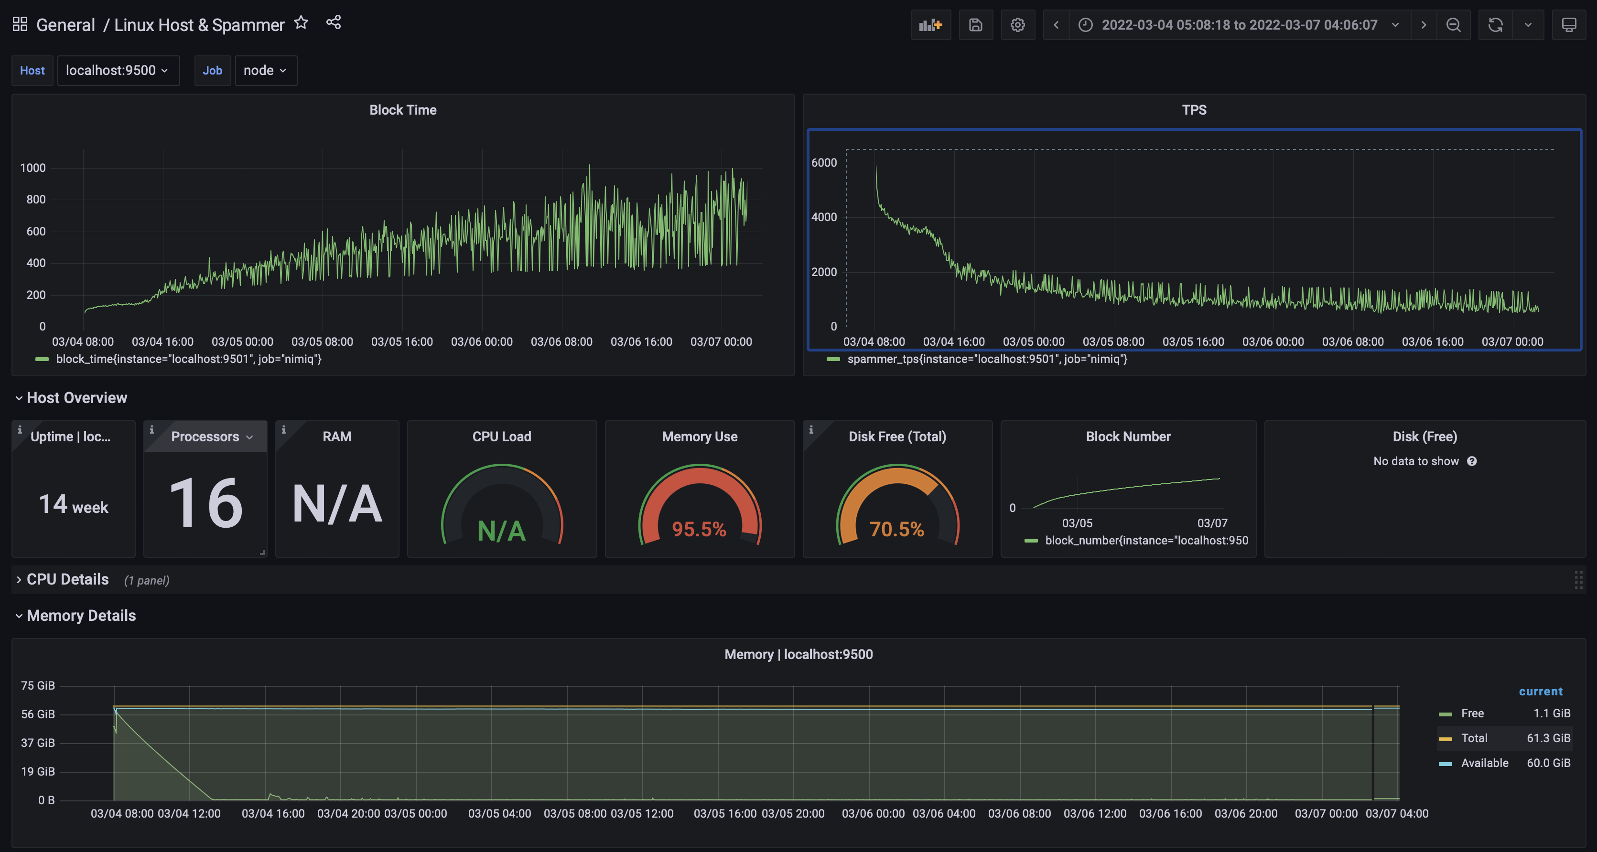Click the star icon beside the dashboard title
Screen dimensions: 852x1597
(302, 23)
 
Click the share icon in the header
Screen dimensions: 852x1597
(334, 23)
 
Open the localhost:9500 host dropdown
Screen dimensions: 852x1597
(117, 71)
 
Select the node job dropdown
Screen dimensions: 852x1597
(265, 71)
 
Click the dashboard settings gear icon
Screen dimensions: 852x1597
(1017, 25)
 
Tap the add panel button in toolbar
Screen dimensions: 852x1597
(930, 25)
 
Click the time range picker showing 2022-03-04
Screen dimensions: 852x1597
(1239, 25)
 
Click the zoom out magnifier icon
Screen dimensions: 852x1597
(1453, 25)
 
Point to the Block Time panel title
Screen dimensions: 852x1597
(403, 110)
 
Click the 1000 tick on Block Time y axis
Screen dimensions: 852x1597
(33, 168)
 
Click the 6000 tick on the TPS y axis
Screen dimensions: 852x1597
(824, 162)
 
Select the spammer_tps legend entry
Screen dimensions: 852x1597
(986, 359)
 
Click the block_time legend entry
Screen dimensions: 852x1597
(188, 359)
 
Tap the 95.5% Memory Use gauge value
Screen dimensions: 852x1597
(699, 529)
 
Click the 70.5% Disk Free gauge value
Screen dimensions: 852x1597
(896, 529)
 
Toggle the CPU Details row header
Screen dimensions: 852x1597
(67, 579)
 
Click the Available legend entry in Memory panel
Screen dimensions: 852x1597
(1484, 763)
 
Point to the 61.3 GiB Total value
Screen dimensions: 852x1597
(1548, 738)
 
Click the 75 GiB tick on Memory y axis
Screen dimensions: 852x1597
(38, 685)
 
